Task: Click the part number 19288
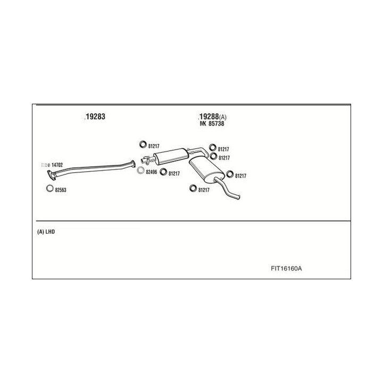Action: (208, 116)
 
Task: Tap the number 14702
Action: (57, 165)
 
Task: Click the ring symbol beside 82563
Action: (49, 189)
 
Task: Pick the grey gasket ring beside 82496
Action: (140, 171)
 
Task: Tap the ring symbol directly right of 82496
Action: (163, 173)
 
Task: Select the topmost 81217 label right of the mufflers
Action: (223, 150)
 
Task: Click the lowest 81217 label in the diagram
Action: (204, 190)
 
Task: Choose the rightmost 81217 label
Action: (240, 176)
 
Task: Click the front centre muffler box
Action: (170, 156)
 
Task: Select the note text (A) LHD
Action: (46, 232)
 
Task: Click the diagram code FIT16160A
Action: (286, 268)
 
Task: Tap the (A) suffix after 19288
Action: (222, 117)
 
